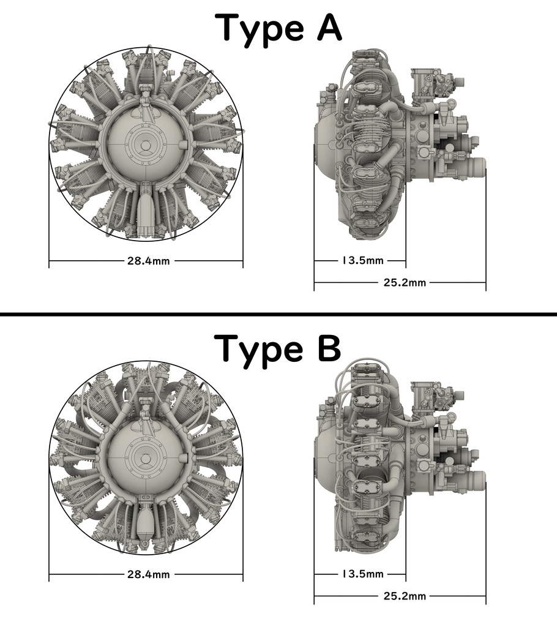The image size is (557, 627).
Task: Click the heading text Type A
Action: point(279,29)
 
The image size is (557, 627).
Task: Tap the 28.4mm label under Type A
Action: point(148,261)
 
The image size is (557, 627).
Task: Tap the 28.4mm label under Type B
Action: point(148,574)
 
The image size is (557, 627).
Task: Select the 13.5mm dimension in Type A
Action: point(362,261)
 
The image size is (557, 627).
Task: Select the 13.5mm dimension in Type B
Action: point(362,574)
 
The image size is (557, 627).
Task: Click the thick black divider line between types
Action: point(278,314)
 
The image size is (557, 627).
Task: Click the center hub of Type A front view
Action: point(146,145)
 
